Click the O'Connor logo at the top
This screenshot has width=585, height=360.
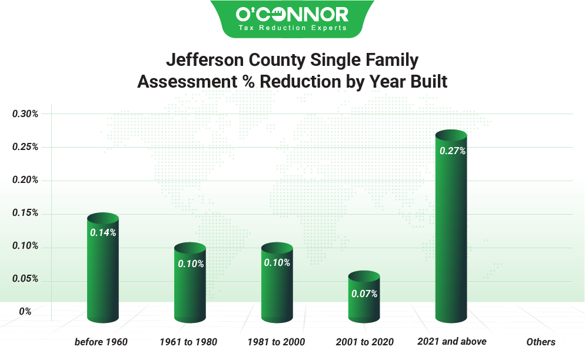(292, 14)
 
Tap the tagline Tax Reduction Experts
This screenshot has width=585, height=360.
(292, 28)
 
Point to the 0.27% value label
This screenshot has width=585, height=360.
(453, 151)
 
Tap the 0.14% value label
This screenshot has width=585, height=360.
(103, 232)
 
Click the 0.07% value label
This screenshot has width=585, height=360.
(364, 294)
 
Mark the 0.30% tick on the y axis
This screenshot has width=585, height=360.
(26, 114)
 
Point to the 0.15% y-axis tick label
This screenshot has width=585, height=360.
(26, 213)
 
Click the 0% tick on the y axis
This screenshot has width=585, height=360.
(25, 312)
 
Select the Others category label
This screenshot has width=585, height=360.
(540, 342)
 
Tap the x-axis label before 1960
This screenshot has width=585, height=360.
(101, 342)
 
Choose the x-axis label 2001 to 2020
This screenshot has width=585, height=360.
(364, 342)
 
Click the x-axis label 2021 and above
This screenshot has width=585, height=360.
(451, 341)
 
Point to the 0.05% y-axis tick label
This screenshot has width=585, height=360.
(26, 279)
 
